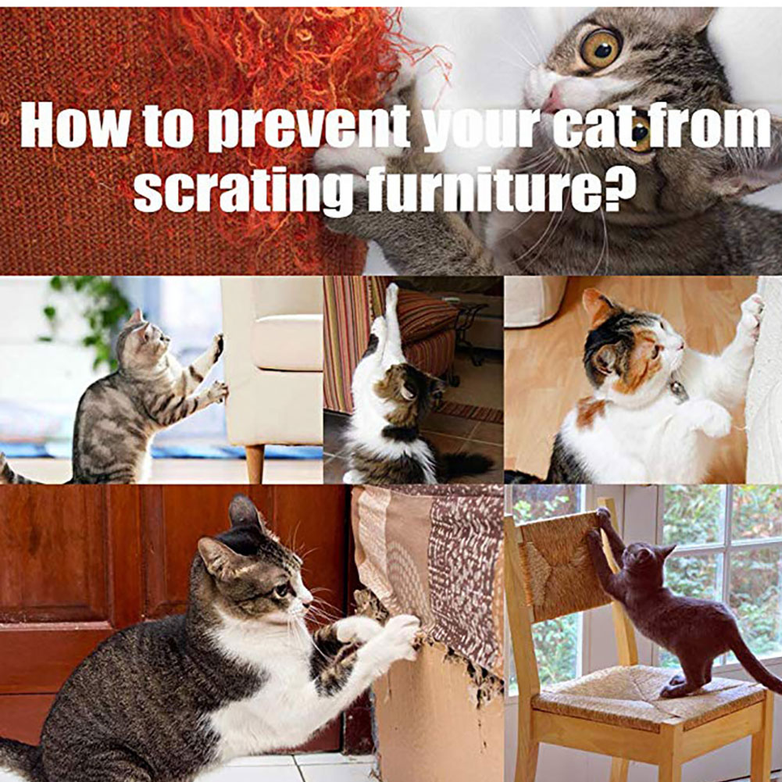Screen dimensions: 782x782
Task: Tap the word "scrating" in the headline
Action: point(244,189)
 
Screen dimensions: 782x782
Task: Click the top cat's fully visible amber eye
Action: point(601,48)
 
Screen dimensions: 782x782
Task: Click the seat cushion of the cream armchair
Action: point(287,343)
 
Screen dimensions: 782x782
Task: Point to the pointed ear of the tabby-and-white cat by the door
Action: point(245,512)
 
